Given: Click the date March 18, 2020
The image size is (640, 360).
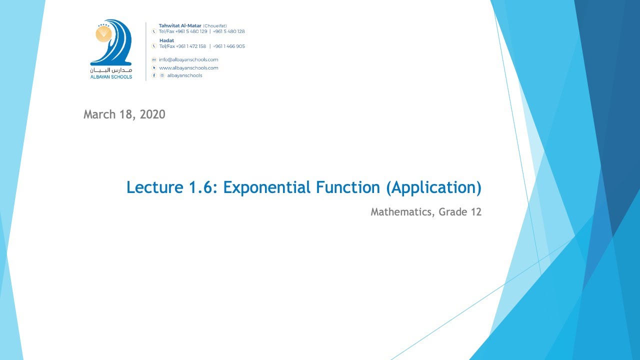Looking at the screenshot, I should [124, 114].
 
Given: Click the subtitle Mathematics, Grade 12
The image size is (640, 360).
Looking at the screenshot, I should [426, 212].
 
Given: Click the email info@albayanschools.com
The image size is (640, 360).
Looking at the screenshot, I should [188, 59].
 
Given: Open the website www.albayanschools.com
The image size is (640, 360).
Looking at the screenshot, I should [188, 67].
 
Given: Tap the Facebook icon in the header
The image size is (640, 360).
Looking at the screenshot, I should [154, 75].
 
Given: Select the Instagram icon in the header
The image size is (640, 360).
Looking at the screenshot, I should [162, 75].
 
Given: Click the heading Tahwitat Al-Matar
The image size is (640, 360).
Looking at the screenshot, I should [180, 25].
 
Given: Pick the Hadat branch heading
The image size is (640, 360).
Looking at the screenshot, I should [166, 40].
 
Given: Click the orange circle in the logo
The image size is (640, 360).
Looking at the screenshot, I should [104, 34].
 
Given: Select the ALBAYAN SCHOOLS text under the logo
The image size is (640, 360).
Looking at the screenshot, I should [111, 77].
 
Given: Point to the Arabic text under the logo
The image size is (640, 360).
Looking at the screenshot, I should [111, 70].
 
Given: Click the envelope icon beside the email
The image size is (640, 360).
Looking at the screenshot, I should [154, 59].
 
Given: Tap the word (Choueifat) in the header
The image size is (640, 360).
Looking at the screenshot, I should [215, 25].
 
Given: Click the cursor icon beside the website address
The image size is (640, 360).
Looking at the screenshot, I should [154, 67].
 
